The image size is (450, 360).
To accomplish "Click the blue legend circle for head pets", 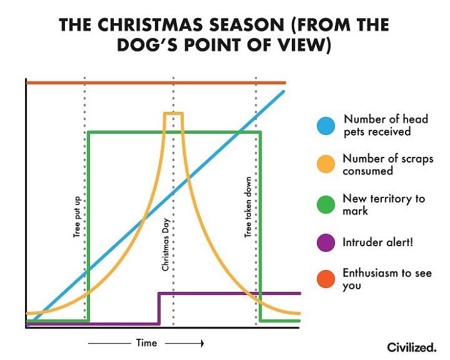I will tap(327, 125).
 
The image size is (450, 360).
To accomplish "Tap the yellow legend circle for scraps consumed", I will tap(327, 165).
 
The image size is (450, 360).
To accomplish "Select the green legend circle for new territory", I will tap(327, 204).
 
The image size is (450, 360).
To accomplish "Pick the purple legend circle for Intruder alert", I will tap(327, 242).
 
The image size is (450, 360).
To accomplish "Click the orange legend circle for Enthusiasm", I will tap(327, 280).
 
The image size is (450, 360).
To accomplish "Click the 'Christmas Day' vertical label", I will tap(165, 245).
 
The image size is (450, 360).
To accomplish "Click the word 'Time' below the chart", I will tap(146, 343).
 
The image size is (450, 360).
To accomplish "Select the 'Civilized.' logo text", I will tap(411, 346).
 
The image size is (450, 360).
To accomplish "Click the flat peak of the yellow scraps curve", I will tap(174, 114).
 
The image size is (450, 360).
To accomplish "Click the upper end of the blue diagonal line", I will tap(282, 92).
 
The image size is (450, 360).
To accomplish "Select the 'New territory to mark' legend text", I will tap(384, 204).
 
